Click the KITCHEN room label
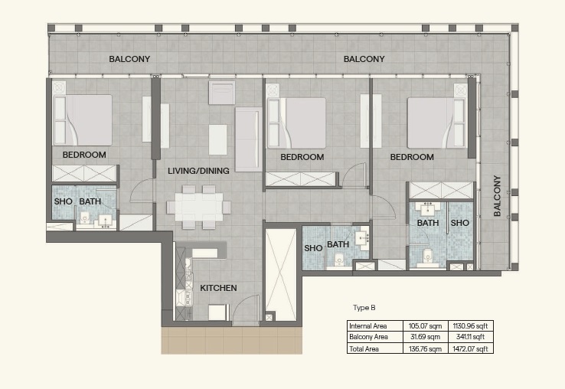tap(218, 288)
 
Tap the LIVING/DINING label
tap(198, 171)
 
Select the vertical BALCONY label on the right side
tap(497, 196)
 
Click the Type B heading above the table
tap(363, 308)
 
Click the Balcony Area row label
tap(368, 337)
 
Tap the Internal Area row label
tap(367, 325)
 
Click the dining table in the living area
tap(198, 206)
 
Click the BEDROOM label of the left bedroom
tap(84, 155)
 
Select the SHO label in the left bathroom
tap(63, 201)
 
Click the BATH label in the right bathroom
tap(428, 223)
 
